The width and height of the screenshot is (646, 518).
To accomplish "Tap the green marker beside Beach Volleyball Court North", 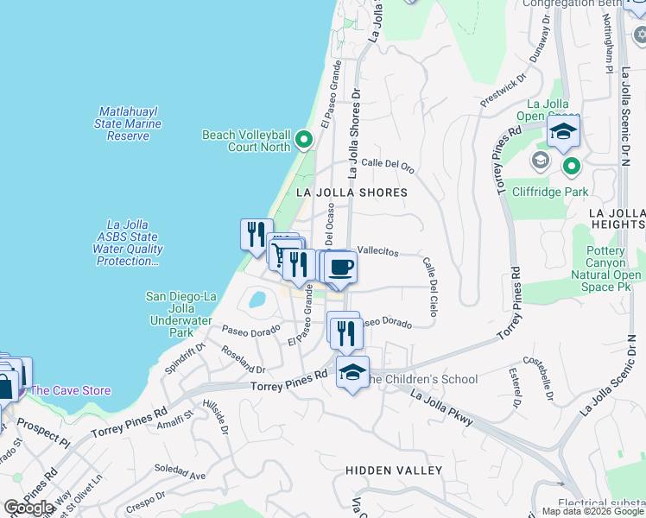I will point(303,139).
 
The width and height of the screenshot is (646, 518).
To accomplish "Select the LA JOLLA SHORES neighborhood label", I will point(351,193).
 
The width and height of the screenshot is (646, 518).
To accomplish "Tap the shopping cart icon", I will point(280,252).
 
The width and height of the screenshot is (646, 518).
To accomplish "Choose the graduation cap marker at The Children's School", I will point(352,372).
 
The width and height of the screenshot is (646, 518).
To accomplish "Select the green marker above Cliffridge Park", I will point(570,166).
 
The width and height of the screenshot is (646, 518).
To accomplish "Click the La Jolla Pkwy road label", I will point(442,408).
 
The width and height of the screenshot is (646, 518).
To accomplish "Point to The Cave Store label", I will point(71,390).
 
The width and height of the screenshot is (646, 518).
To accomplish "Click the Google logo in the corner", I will point(28,508).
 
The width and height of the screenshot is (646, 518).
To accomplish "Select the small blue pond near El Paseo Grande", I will point(256,300).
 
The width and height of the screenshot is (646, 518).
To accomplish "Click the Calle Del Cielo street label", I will point(429,287).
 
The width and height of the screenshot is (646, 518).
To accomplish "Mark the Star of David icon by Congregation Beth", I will point(638,35).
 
